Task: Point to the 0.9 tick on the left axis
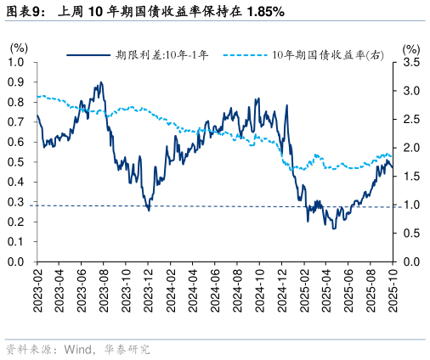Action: pyautogui.click(x=17, y=82)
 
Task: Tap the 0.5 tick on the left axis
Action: pyautogui.click(x=17, y=162)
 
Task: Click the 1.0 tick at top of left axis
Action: pyautogui.click(x=17, y=63)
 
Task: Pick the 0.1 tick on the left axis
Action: pyautogui.click(x=17, y=242)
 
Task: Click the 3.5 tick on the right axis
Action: pyautogui.click(x=410, y=63)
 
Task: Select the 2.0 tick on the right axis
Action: pyautogui.click(x=410, y=148)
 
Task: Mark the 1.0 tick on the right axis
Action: pyautogui.click(x=410, y=205)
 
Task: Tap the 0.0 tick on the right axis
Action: pyautogui.click(x=410, y=262)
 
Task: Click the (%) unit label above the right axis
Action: pyautogui.click(x=410, y=48)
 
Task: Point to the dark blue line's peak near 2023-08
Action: pyautogui.click(x=101, y=83)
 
